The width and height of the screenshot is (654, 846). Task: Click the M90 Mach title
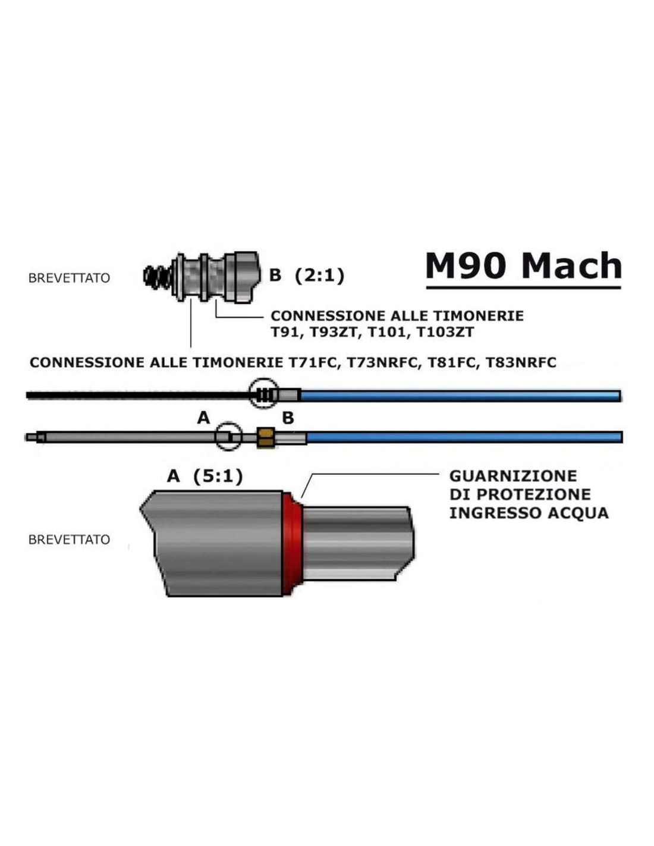tap(523, 266)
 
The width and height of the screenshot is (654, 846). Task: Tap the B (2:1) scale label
tap(307, 275)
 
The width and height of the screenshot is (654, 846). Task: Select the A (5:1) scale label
tap(205, 476)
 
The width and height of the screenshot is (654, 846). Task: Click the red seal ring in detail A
tap(292, 543)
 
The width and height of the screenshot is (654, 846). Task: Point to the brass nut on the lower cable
tap(265, 437)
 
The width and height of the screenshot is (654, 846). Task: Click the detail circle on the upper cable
tap(263, 393)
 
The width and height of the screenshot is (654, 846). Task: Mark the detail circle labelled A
tap(229, 437)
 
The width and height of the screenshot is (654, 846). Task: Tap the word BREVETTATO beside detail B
tap(69, 278)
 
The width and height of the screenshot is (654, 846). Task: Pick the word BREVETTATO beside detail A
tap(69, 540)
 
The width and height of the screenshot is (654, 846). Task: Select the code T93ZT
tap(335, 332)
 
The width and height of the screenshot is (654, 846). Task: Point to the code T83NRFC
tap(521, 362)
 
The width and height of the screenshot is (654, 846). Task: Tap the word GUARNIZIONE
tap(513, 476)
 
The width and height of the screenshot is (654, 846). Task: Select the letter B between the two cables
tap(288, 418)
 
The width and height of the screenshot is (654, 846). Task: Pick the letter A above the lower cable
tap(203, 418)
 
